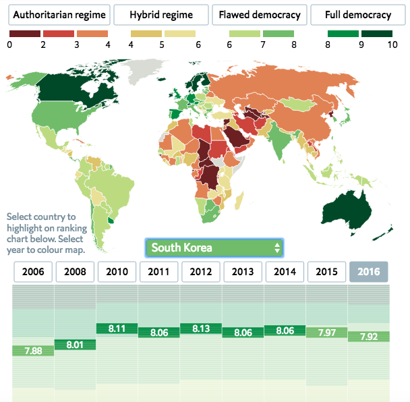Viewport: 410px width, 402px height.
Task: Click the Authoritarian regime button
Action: click(x=57, y=15)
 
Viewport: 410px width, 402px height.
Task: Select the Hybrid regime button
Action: click(x=160, y=15)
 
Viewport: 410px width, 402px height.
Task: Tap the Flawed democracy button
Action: click(x=260, y=15)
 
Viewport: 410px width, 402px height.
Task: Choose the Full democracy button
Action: click(x=357, y=15)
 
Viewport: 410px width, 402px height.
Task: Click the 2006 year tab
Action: click(x=34, y=272)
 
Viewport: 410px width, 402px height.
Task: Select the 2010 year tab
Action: click(x=117, y=272)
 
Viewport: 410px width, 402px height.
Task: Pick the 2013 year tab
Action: click(x=243, y=272)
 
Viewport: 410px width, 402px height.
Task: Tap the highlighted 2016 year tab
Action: click(x=369, y=272)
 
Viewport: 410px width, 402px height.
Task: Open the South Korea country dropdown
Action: click(x=214, y=248)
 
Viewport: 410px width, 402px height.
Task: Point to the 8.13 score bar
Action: click(x=201, y=328)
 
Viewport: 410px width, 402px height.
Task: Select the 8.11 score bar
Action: click(x=117, y=328)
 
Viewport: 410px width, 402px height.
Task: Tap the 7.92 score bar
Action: click(x=369, y=336)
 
